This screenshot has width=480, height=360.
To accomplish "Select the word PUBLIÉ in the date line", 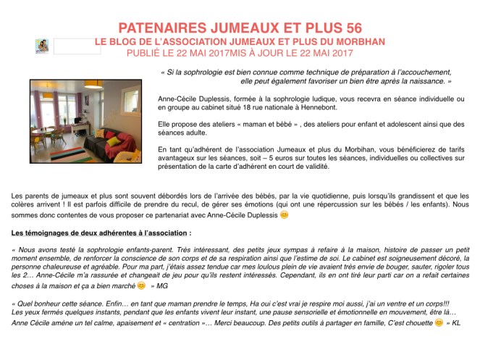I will pyautogui.click(x=146, y=54).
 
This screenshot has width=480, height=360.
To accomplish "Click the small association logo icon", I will pyautogui.click(x=41, y=46).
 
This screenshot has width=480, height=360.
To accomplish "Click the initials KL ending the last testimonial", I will pyautogui.click(x=457, y=322).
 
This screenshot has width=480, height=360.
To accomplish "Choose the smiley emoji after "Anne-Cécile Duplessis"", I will pyautogui.click(x=285, y=215).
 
